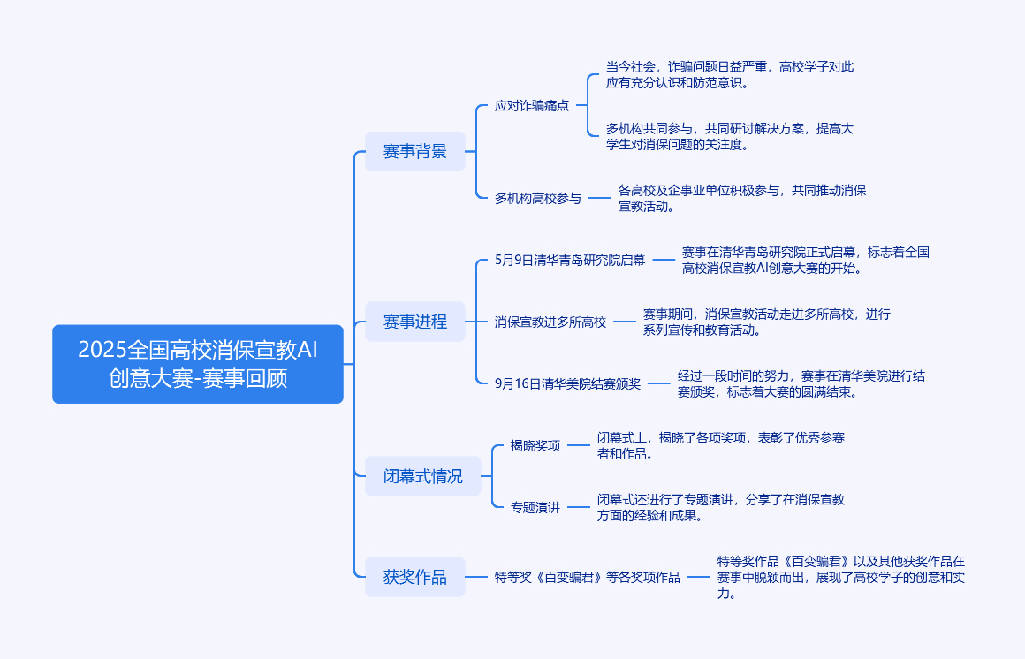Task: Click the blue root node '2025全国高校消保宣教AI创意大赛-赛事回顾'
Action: (197, 364)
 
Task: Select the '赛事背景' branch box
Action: (414, 151)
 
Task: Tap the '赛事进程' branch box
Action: (414, 322)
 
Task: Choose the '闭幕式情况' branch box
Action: (423, 476)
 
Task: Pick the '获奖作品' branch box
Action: (414, 578)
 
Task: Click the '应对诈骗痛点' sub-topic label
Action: (532, 106)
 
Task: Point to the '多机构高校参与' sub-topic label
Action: (538, 198)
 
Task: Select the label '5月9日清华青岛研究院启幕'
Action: (570, 260)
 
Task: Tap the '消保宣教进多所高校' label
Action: (550, 322)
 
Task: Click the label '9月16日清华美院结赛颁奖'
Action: (568, 383)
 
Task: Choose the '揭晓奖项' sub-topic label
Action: (535, 445)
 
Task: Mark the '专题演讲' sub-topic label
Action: (535, 507)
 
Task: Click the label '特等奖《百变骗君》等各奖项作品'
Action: (588, 578)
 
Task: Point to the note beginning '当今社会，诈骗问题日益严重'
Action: (730, 75)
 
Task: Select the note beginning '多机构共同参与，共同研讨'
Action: (730, 137)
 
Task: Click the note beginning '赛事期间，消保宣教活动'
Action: (766, 322)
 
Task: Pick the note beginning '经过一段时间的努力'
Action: (801, 383)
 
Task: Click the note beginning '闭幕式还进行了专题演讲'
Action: (720, 507)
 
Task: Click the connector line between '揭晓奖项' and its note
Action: (578, 445)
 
